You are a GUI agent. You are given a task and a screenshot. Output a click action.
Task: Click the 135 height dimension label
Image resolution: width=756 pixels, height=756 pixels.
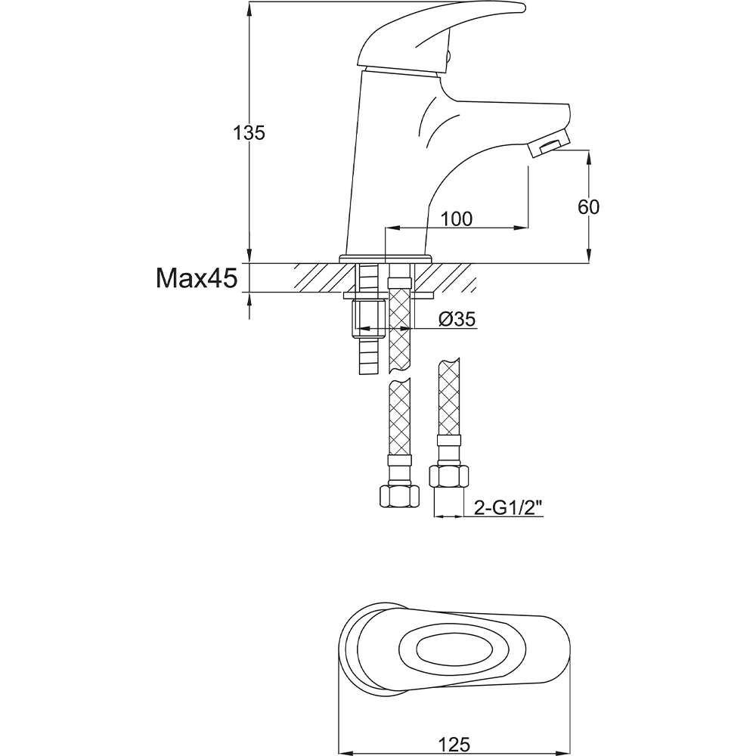[249, 132]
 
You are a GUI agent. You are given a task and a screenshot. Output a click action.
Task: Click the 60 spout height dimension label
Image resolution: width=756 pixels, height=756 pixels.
[588, 207]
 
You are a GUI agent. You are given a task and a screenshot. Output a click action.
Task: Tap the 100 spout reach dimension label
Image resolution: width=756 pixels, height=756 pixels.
[457, 219]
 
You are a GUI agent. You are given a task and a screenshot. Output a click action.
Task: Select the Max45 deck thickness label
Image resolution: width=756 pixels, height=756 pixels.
[197, 278]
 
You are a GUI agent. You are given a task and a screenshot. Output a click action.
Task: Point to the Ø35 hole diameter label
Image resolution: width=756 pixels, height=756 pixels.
[457, 319]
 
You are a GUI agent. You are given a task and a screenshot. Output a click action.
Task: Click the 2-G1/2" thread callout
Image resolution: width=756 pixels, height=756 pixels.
[508, 508]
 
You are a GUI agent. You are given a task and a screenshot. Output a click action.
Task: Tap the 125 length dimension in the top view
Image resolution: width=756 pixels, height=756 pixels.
[454, 744]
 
